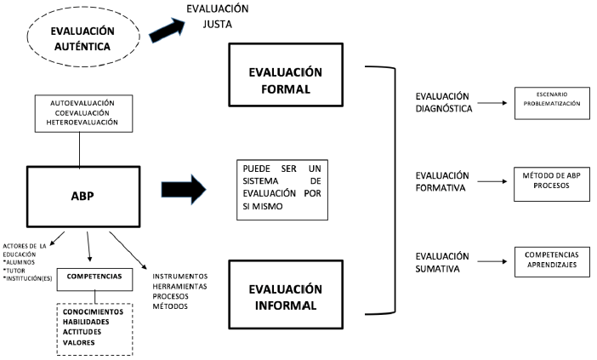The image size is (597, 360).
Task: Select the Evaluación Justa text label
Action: tap(219, 16)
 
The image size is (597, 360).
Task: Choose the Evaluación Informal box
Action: tap(287, 294)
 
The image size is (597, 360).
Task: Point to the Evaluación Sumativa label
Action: tap(441, 261)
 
